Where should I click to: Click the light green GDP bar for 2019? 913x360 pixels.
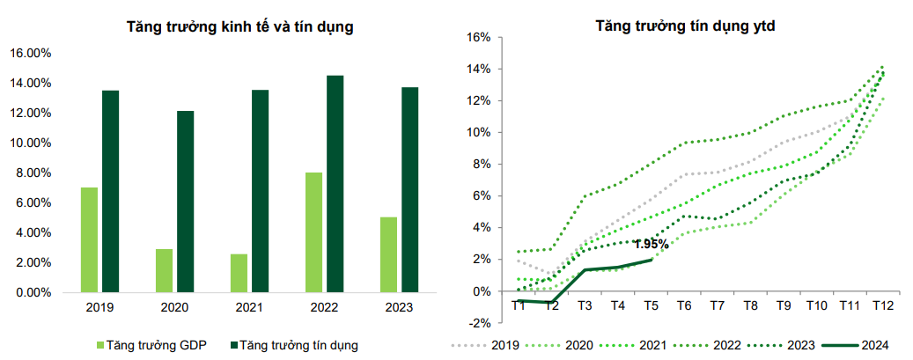89,239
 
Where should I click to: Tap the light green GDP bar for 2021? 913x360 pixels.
239,272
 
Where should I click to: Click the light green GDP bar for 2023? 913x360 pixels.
389,253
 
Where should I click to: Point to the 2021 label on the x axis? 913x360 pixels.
249,308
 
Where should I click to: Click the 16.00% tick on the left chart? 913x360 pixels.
31,54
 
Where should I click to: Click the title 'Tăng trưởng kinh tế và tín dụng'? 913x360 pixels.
240,27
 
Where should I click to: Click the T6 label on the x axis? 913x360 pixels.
683,305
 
